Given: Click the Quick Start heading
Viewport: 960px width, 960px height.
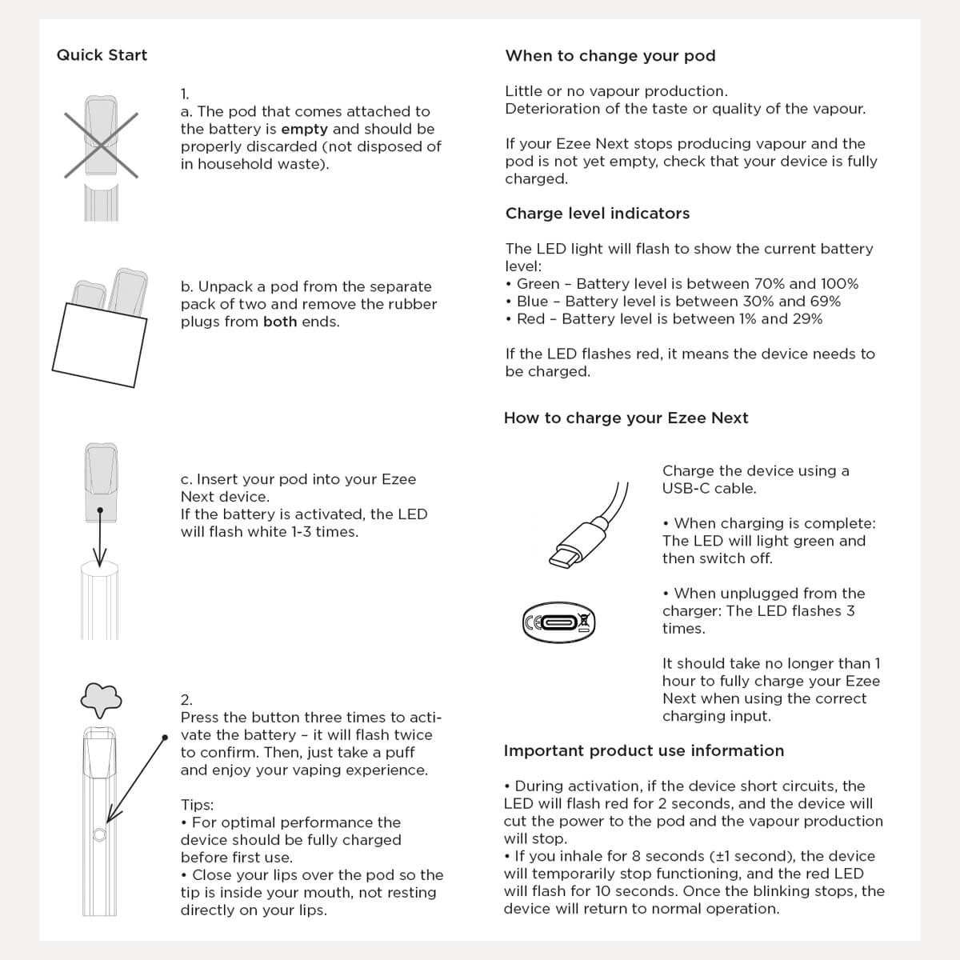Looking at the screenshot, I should coord(102,55).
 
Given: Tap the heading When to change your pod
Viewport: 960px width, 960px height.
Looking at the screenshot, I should coord(610,56).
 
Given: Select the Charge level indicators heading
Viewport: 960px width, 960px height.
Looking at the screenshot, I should coord(597,214).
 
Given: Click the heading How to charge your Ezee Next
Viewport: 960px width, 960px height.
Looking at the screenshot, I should coord(626,418).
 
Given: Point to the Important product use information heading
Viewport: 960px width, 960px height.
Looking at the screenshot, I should coord(643,751).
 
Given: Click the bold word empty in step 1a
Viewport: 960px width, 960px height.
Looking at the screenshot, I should coord(304,130).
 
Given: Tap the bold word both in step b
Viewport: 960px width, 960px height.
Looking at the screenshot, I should coord(280,322).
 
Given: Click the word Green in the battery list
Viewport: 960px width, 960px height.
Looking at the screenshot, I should coord(538,284).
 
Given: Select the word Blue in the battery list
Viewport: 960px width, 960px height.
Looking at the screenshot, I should coord(533,302).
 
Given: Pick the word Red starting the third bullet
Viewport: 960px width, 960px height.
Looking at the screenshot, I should coord(530,319).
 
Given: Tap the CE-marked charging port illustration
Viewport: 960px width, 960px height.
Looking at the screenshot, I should coord(559,622).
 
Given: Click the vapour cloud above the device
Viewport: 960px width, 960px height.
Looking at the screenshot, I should coord(101,699).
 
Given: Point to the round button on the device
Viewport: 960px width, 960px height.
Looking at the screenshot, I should coord(99,835).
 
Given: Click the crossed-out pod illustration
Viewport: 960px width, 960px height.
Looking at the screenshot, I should coord(101,144).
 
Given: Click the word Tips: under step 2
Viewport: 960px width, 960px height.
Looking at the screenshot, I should coord(197,806).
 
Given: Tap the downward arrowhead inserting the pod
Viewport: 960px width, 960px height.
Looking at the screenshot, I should coord(100,558).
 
